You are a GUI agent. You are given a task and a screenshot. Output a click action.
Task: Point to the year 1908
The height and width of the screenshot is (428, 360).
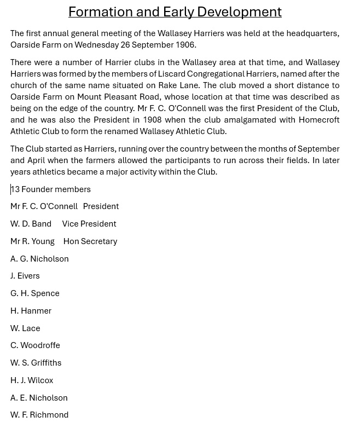click(x=152, y=120)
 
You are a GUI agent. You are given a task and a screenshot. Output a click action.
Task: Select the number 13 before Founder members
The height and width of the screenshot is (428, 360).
click(x=15, y=189)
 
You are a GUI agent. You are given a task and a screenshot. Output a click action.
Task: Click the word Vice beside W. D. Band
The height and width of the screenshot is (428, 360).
click(x=69, y=224)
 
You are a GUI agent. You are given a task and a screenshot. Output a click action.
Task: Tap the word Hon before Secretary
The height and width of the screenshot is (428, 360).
click(x=71, y=241)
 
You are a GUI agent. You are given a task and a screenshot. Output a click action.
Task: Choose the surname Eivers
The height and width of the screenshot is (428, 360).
click(x=28, y=276)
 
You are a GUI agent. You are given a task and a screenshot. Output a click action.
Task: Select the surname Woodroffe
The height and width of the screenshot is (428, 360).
click(x=40, y=345)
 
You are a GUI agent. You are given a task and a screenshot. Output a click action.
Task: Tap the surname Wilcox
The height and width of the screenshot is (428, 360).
click(x=40, y=380)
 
